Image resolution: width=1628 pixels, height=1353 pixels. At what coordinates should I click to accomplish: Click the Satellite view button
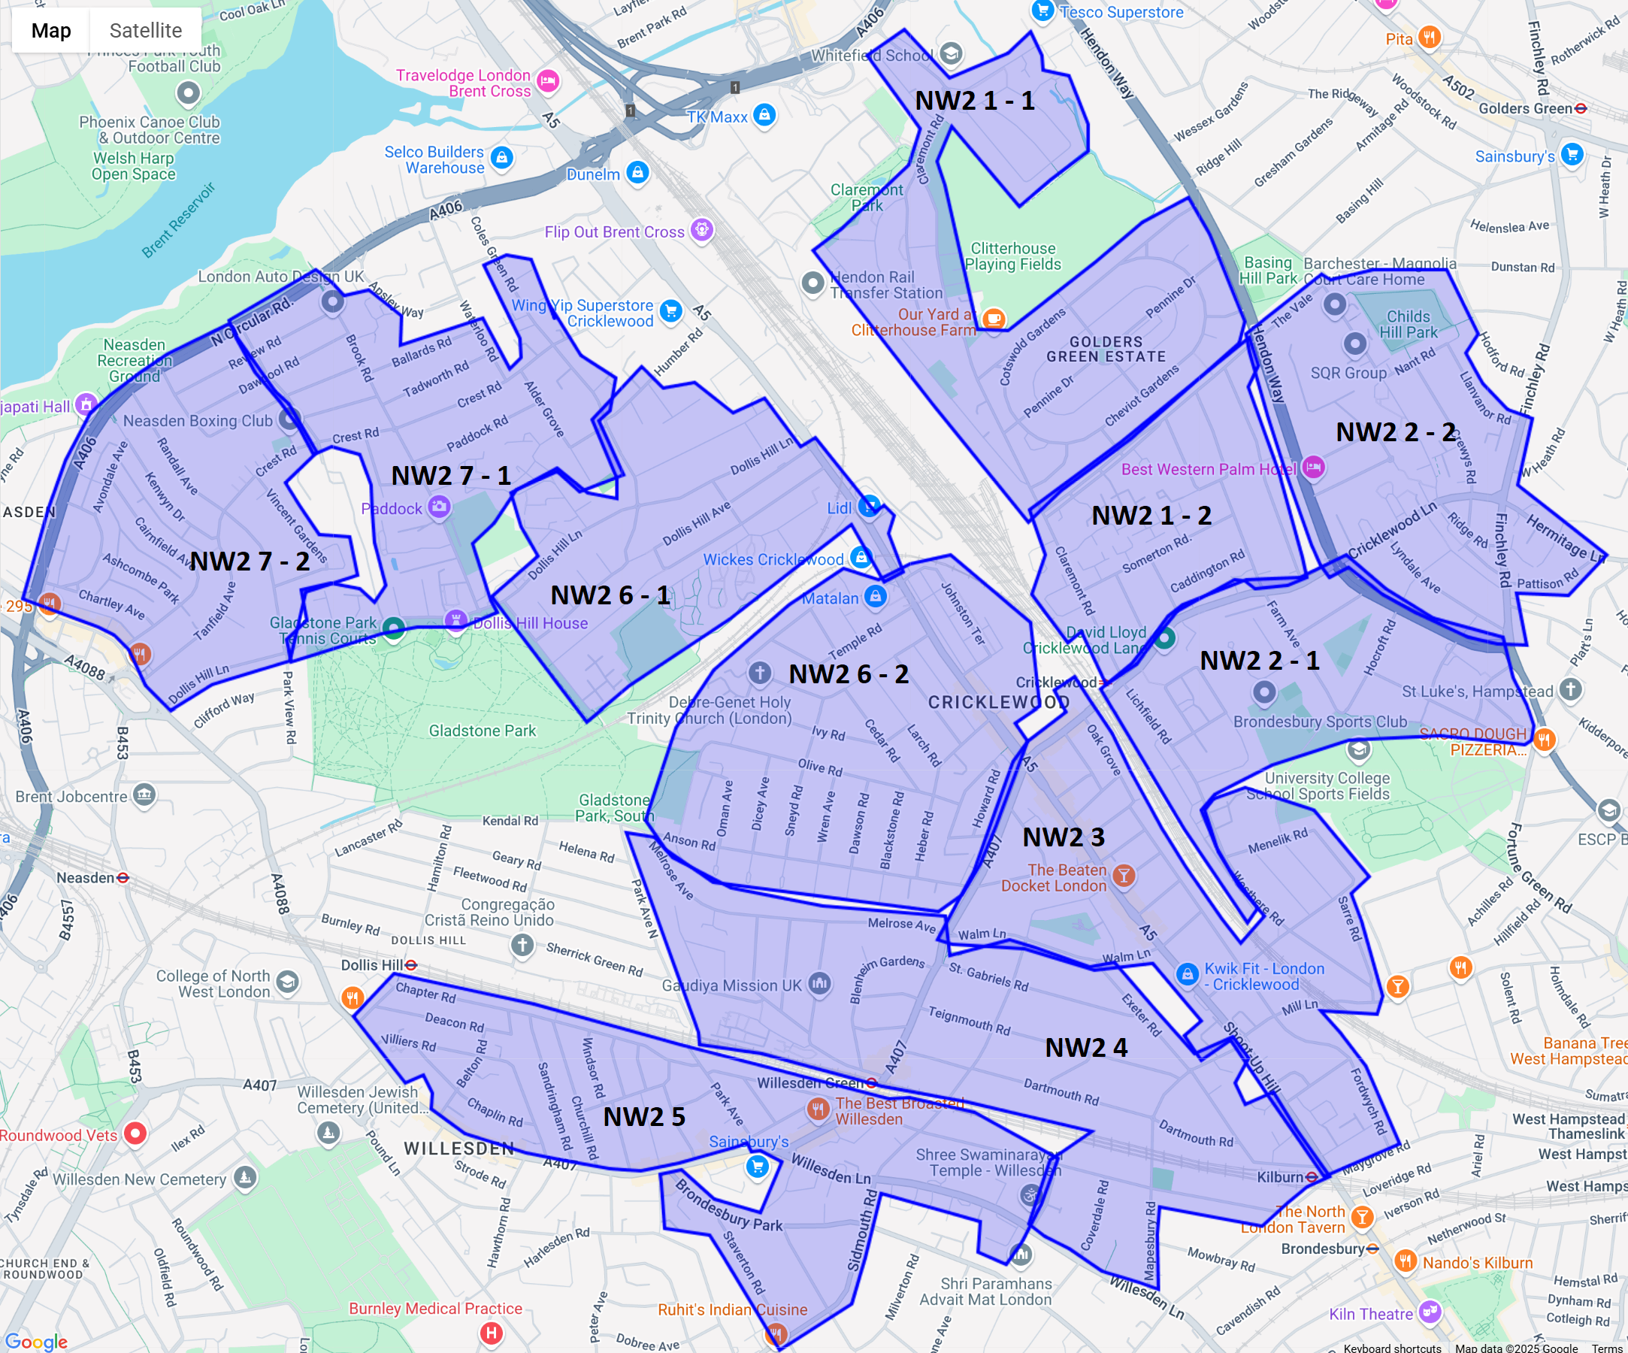[145, 30]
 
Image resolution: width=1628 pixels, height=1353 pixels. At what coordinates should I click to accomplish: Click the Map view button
[51, 30]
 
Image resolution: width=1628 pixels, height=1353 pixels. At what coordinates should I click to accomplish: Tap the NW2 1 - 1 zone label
[975, 101]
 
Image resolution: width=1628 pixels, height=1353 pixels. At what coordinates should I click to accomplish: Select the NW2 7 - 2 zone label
[250, 561]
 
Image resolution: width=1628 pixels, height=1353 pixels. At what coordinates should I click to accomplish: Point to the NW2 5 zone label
[644, 1116]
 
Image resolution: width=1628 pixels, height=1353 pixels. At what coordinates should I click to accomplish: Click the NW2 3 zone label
[1064, 837]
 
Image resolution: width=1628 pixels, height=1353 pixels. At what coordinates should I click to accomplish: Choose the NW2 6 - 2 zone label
[849, 673]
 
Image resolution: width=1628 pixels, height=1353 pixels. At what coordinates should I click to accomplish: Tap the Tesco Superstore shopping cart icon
[1042, 11]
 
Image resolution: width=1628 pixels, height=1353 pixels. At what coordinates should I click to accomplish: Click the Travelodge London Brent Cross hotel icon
[548, 80]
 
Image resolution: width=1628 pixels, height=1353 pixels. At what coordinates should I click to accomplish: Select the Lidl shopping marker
[869, 506]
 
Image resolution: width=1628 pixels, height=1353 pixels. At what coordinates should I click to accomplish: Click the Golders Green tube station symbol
[1581, 108]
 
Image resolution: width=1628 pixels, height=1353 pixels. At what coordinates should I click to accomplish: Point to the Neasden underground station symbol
[123, 878]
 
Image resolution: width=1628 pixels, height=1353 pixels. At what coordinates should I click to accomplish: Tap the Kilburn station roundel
[1312, 1177]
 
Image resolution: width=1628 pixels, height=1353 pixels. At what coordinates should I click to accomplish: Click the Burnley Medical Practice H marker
[491, 1333]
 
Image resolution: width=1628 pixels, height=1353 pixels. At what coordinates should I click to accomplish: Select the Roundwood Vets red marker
[135, 1134]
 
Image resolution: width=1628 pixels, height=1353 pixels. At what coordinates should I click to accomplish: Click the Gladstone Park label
[483, 731]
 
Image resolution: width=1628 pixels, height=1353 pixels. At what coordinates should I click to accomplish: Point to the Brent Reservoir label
[178, 221]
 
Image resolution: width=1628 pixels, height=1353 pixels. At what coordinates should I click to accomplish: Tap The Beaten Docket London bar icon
[1124, 876]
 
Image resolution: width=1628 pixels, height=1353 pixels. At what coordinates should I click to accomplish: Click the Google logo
[35, 1340]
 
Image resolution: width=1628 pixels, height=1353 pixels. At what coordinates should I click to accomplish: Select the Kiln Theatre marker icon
[1430, 1312]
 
